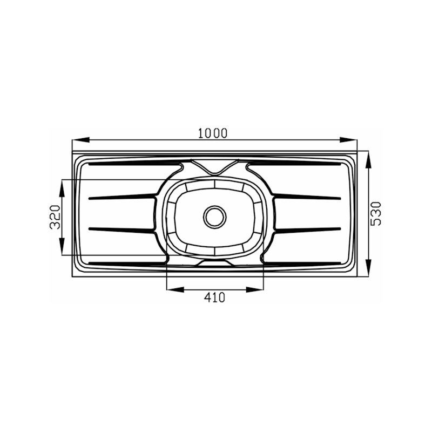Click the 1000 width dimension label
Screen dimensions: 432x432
[x=213, y=133]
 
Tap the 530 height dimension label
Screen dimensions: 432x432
[x=375, y=214]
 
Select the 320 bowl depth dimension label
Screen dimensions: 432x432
[x=55, y=217]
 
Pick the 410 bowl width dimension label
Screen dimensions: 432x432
[x=214, y=298]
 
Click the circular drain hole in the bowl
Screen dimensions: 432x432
[x=215, y=217]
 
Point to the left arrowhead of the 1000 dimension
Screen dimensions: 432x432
[x=80, y=140]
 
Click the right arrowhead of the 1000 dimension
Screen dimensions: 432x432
[x=348, y=140]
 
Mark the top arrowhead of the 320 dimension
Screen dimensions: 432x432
[x=62, y=188]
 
